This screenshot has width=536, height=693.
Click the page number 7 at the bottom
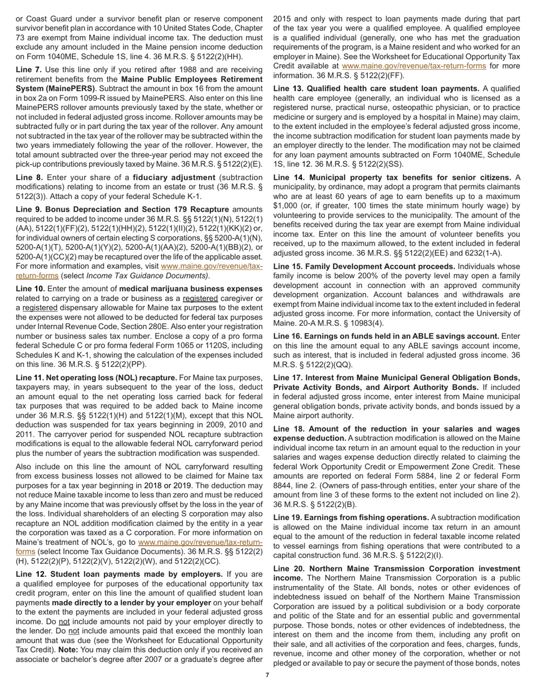267,675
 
